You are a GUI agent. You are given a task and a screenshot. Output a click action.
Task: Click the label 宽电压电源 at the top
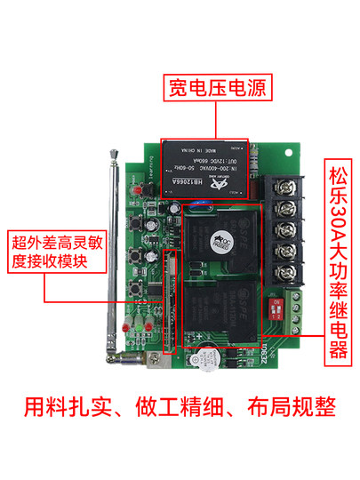218,89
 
